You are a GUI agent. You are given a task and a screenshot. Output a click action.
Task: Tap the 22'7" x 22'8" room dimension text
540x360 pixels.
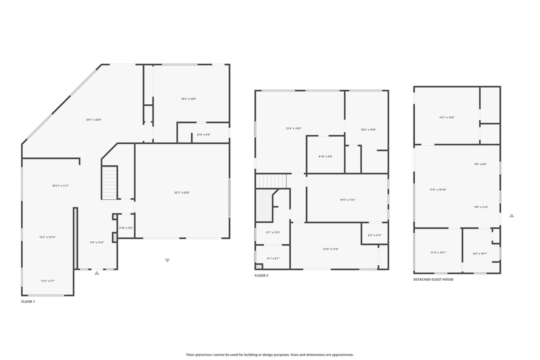click(x=182, y=192)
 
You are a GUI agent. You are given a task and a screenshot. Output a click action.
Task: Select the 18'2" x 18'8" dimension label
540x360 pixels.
click(x=188, y=99)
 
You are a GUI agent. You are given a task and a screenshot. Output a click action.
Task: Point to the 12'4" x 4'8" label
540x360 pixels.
click(x=203, y=134)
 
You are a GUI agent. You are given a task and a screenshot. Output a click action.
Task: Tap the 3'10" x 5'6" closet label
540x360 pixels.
click(x=125, y=228)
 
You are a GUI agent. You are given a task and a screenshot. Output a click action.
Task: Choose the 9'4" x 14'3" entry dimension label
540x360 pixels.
click(x=97, y=242)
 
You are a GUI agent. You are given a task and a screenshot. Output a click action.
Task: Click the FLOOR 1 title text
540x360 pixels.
click(x=28, y=302)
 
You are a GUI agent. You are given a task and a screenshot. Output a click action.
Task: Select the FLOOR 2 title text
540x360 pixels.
click(x=261, y=275)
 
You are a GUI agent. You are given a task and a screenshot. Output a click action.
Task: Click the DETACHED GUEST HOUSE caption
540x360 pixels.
click(x=433, y=279)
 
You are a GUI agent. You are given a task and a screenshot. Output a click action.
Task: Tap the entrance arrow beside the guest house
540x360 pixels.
click(x=511, y=215)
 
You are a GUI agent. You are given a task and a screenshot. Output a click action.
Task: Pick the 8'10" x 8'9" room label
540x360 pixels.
click(x=325, y=156)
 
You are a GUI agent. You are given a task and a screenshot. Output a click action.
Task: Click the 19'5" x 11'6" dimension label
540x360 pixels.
click(x=347, y=200)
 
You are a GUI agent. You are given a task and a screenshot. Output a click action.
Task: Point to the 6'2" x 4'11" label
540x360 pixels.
click(x=374, y=235)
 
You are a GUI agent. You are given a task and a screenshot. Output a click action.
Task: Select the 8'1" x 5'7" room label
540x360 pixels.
click(x=273, y=258)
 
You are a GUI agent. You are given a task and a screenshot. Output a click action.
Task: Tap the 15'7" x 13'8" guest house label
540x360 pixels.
click(x=446, y=117)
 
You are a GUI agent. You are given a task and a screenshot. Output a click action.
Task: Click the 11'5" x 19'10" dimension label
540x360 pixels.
click(x=438, y=189)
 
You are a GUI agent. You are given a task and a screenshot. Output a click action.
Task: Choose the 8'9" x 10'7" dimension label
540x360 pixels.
click(x=479, y=253)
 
